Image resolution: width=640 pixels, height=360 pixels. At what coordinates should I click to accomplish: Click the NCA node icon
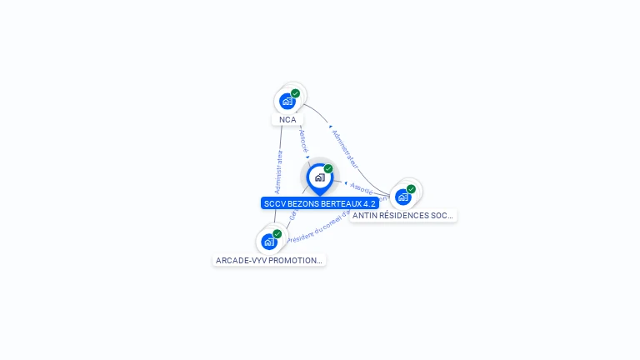coord(287,101)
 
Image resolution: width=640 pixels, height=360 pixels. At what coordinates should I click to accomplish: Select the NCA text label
coord(287,119)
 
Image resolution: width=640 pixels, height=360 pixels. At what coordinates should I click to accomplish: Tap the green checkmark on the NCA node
coord(296,93)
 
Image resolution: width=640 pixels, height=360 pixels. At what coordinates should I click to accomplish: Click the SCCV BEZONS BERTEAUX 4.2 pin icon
coord(319,177)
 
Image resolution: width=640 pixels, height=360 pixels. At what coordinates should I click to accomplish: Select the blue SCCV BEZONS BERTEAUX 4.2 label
coord(320,203)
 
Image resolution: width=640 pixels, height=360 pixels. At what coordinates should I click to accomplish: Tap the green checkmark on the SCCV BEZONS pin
coord(328,168)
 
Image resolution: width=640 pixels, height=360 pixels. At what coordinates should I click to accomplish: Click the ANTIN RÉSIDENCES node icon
coord(403,197)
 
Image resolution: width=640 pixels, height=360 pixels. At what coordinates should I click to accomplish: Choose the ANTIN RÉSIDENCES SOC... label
coord(402,215)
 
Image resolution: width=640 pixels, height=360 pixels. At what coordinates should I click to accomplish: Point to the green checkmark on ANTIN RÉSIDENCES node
coord(412,189)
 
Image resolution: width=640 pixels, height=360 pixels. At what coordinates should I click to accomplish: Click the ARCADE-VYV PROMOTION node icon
coord(269,242)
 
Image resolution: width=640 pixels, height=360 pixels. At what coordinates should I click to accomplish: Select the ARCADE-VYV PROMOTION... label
coord(268,260)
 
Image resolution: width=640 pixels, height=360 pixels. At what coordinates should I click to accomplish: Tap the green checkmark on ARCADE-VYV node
coord(277,234)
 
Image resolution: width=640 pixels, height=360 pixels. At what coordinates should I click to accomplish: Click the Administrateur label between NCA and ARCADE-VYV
coord(278,172)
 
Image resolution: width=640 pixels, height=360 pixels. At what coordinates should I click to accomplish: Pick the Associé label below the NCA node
coord(303,139)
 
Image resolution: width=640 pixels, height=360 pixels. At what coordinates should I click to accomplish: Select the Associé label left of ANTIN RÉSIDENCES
coord(361,187)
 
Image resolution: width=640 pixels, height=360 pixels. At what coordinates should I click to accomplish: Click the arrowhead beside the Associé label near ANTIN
coord(345,182)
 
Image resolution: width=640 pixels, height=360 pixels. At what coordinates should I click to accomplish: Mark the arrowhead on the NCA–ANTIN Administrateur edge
coord(330,127)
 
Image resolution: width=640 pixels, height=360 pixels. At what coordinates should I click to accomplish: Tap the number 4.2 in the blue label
coord(369,203)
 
